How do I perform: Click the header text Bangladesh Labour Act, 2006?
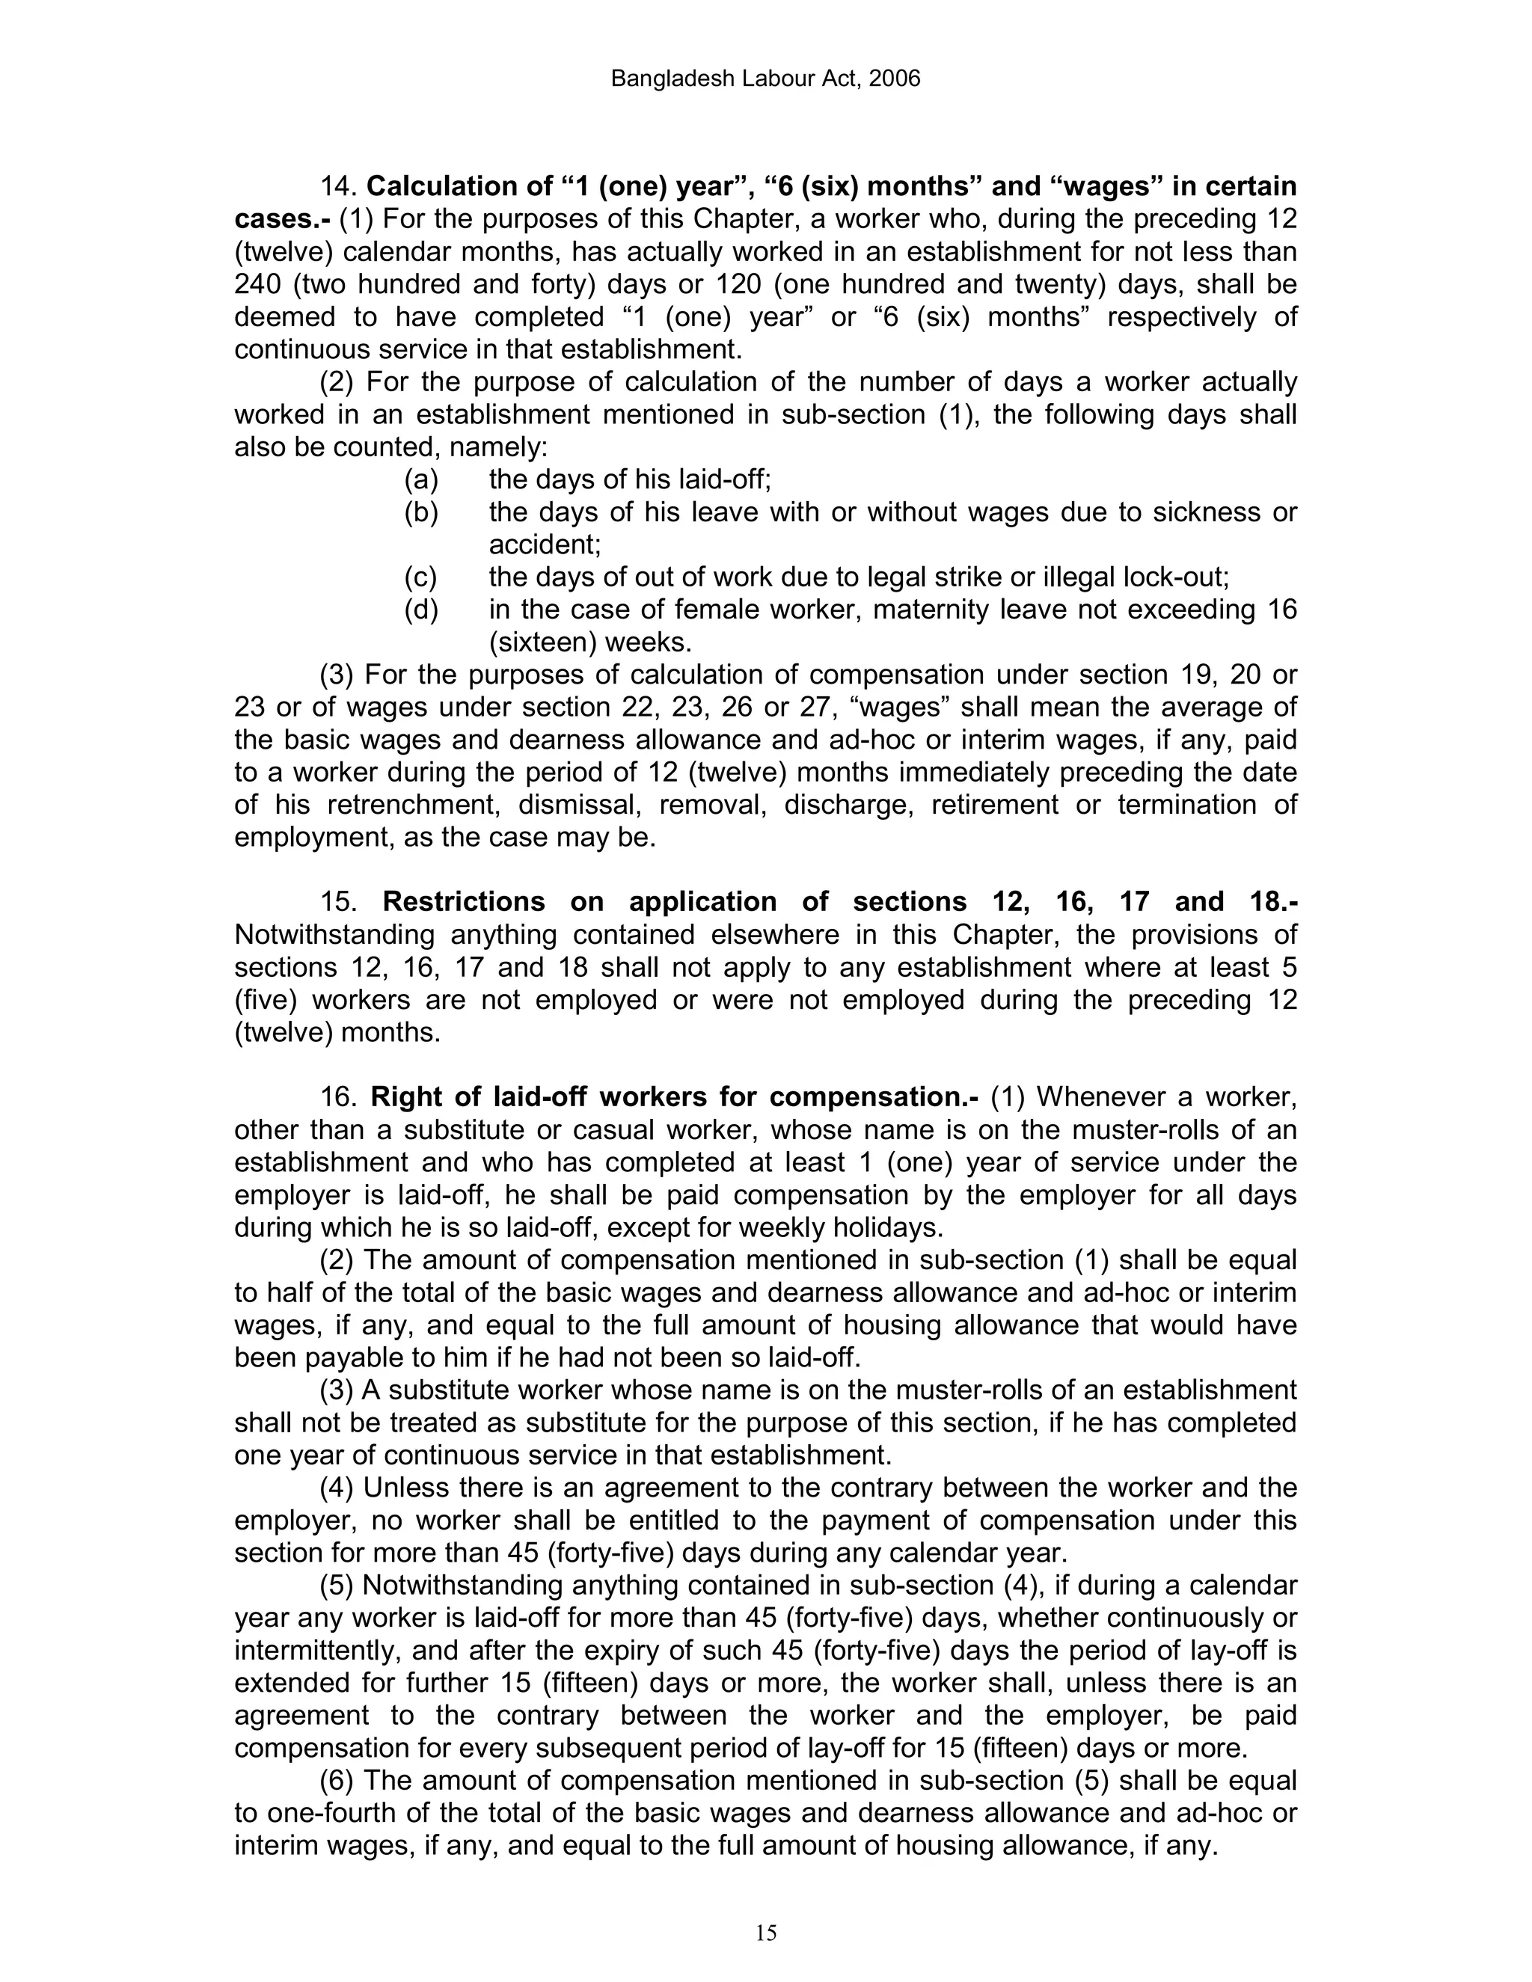[765, 79]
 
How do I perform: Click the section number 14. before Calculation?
[340, 187]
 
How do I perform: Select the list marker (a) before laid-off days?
[420, 479]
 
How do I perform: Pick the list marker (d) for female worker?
[420, 610]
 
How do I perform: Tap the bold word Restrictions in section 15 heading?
[463, 902]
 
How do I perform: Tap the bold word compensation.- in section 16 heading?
[874, 1097]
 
